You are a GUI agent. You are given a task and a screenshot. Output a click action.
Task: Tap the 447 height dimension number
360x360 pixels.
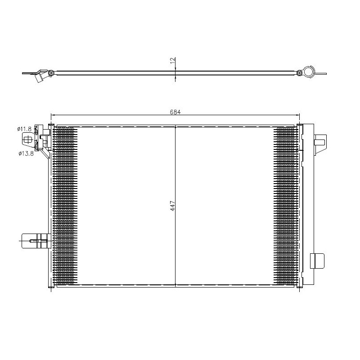pyautogui.click(x=172, y=206)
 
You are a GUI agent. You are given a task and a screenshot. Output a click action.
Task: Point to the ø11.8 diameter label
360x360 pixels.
pyautogui.click(x=25, y=129)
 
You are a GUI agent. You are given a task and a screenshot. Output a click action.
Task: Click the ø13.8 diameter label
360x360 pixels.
pyautogui.click(x=26, y=153)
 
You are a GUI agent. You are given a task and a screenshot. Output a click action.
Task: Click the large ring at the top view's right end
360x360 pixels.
pyautogui.click(x=309, y=72)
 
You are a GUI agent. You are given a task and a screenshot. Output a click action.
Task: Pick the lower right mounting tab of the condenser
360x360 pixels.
pyautogui.click(x=317, y=261)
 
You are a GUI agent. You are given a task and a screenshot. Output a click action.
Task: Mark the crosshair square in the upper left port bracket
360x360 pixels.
pyautogui.click(x=27, y=141)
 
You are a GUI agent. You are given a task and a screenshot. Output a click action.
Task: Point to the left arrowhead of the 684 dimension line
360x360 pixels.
pyautogui.click(x=52, y=115)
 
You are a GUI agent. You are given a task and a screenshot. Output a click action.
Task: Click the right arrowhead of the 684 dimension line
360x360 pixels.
pyautogui.click(x=298, y=115)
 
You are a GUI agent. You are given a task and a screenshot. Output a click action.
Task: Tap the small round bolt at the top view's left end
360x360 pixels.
pyautogui.click(x=52, y=72)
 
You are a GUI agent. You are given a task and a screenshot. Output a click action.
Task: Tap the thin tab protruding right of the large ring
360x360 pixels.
pyautogui.click(x=321, y=73)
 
